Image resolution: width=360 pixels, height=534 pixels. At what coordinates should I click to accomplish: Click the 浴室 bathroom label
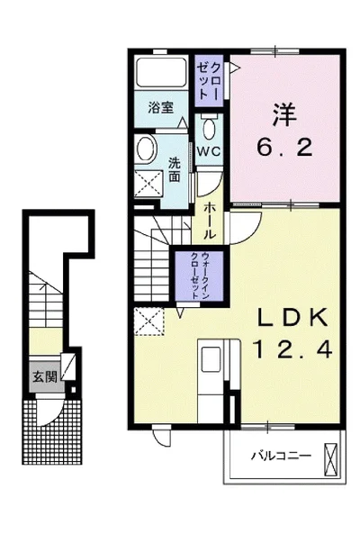161,108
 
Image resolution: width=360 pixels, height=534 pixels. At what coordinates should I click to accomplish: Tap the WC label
209,151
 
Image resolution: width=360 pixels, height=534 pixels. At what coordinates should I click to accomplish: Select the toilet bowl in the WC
209,128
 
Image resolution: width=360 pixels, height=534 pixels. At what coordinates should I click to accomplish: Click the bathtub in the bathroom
161,73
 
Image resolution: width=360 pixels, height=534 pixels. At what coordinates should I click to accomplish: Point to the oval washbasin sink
147,149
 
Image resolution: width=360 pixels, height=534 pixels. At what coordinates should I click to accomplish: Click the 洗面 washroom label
175,169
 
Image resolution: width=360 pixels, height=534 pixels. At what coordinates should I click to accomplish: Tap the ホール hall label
210,221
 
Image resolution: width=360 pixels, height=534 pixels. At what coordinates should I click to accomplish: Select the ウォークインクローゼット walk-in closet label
200,276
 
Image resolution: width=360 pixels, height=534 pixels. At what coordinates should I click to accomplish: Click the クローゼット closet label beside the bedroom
209,81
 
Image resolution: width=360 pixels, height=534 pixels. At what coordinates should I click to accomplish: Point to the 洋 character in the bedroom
284,114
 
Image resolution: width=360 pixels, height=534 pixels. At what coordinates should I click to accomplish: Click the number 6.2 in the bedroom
284,148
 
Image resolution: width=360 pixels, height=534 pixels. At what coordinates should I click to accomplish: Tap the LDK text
292,317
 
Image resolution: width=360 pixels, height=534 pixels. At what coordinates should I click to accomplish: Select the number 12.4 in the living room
292,349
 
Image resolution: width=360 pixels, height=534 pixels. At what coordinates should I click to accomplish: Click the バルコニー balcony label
281,456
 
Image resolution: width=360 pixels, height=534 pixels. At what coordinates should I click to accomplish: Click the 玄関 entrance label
45,376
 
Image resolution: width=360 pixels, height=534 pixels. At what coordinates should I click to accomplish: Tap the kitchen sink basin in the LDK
211,359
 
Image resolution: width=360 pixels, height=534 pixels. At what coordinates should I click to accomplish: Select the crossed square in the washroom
148,184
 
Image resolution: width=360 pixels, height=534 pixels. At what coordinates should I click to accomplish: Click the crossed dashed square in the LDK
148,321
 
